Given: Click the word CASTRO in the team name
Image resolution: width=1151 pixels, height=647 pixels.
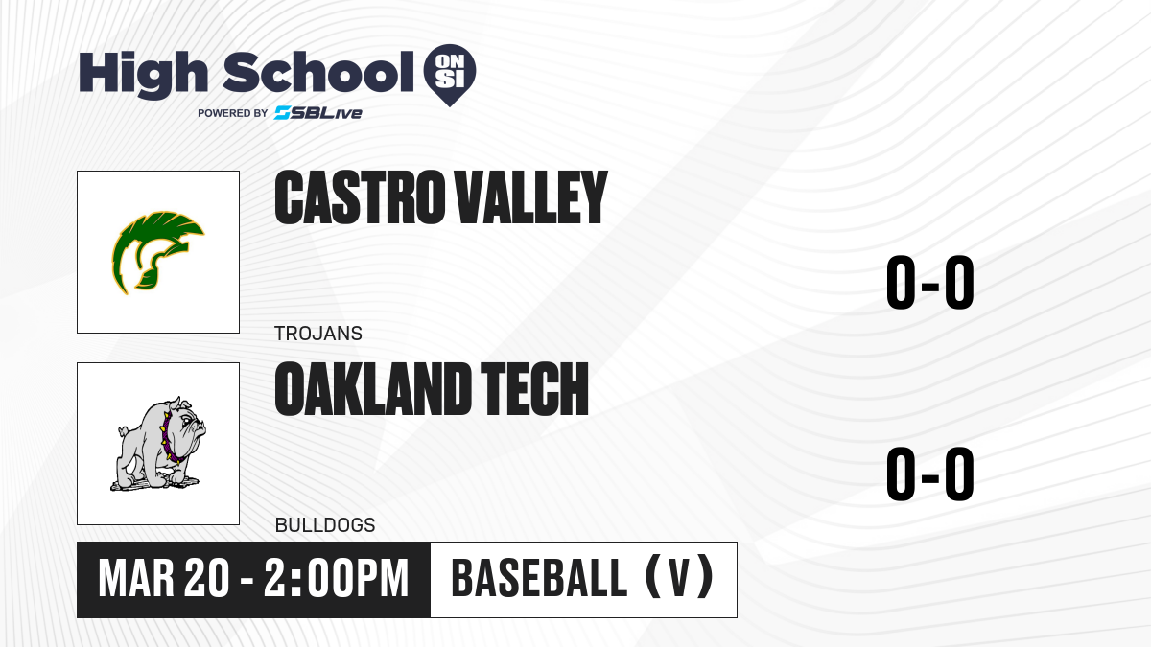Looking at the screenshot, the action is [x=359, y=197].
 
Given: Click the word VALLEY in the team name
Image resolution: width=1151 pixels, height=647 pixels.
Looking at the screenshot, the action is [x=531, y=197].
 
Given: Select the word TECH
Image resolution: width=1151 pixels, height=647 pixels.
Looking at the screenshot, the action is [x=534, y=389].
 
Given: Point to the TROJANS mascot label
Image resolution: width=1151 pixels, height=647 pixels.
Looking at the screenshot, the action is [x=318, y=334].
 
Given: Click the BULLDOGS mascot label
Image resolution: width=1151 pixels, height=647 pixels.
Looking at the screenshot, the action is [x=325, y=525].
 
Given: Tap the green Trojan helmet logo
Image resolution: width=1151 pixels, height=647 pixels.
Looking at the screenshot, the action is [x=157, y=253].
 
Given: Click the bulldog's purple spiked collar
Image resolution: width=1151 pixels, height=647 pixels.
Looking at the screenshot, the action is [x=170, y=437].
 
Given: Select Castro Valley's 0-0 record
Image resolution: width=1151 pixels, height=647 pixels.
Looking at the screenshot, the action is [x=930, y=283].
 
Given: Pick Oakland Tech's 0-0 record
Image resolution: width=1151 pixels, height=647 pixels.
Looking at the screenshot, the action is [x=930, y=474].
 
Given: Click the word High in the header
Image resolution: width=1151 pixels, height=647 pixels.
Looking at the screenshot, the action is [x=144, y=74].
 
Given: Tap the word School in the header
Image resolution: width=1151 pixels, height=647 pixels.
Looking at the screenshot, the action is [x=318, y=72].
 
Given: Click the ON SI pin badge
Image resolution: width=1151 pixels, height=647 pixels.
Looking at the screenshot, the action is [x=450, y=74].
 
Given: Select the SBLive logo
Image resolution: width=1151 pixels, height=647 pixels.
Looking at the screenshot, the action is [x=318, y=112].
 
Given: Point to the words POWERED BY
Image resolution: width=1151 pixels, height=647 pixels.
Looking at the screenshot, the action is [x=233, y=113].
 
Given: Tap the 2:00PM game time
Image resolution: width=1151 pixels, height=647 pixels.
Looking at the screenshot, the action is [x=336, y=579].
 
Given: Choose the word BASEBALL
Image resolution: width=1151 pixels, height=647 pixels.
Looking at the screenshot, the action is [x=539, y=578].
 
